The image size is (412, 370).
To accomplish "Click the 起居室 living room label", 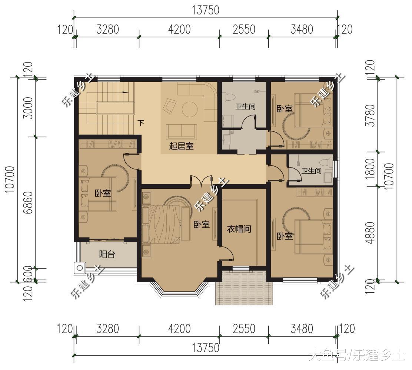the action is [181, 146].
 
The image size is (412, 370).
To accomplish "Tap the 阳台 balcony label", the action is [107, 254].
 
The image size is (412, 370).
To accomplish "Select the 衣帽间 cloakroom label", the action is [239, 229].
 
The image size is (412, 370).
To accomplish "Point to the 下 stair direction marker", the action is [141, 123].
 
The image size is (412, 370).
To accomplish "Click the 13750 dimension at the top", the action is [206, 10].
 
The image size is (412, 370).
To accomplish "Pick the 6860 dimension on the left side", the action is [29, 202].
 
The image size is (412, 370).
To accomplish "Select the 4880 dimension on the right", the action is [370, 233].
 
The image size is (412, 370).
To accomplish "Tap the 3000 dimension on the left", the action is [29, 108].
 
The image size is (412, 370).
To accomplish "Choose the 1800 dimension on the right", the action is [370, 168].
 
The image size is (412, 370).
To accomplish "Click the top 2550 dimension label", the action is [244, 29].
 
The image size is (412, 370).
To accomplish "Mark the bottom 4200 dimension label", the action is [179, 329].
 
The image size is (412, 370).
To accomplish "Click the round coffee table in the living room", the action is [190, 109].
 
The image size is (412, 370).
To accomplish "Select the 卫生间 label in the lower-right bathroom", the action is [311, 171].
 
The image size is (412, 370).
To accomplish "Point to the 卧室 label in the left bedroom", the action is [103, 194].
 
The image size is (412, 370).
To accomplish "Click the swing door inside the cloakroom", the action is [226, 253].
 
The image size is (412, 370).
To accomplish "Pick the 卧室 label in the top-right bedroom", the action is [285, 109].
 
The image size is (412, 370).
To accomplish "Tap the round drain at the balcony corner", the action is [80, 268].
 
